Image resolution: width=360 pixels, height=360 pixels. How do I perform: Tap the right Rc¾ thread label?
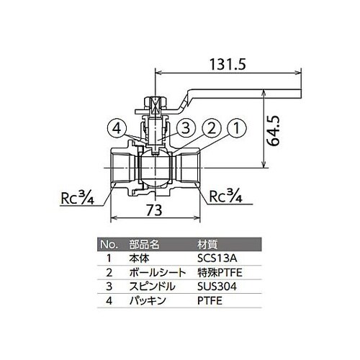pyautogui.click(x=226, y=196)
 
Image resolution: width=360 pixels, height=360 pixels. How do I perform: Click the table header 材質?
pyautogui.click(x=206, y=243)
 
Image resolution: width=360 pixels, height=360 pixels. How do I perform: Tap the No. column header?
pyautogui.click(x=107, y=243)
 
